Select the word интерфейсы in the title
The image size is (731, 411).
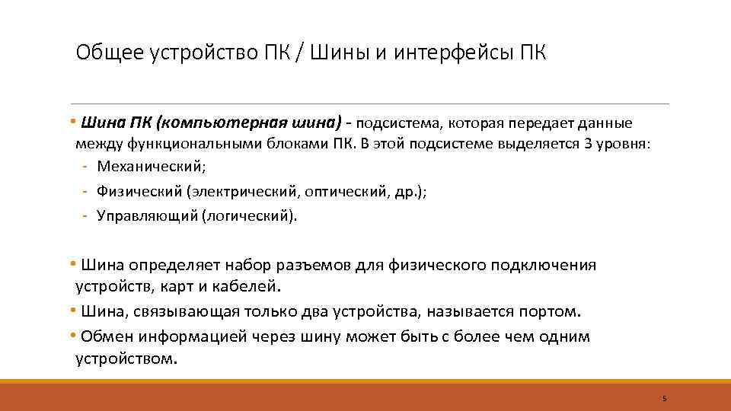point(448,55)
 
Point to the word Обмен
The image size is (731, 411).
point(107,336)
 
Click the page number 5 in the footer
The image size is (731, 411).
point(664,398)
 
